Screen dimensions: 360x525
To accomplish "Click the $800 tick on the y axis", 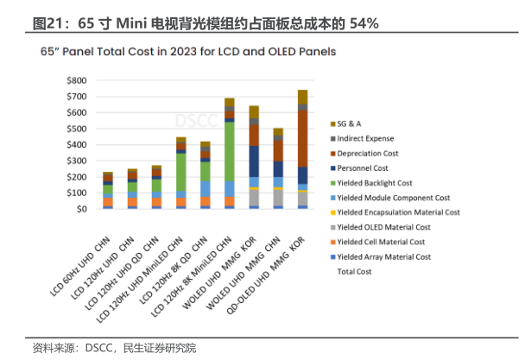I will pyautogui.click(x=76, y=80).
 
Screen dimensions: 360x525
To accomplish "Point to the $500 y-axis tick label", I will pyautogui.click(x=76, y=129).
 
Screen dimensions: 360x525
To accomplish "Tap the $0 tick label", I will pyautogui.click(x=81, y=209).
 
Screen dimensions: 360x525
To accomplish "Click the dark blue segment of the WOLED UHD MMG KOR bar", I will pyautogui.click(x=254, y=160).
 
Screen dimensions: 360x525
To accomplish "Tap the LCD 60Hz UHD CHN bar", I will pyautogui.click(x=108, y=190).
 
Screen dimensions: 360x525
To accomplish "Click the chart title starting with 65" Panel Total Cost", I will pyautogui.click(x=188, y=52).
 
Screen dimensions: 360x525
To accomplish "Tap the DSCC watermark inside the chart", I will pyautogui.click(x=194, y=119).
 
